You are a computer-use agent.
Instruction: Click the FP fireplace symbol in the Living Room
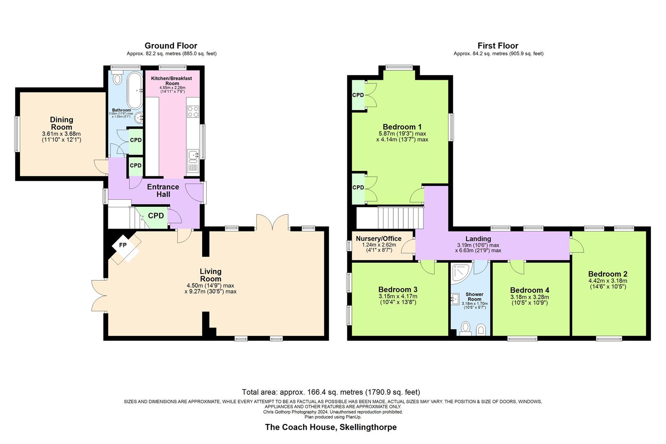click(123, 245)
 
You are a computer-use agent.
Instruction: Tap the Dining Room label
click(62, 123)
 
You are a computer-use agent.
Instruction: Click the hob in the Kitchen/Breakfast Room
click(193, 111)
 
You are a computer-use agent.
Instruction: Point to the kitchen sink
click(192, 155)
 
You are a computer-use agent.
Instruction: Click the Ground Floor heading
click(171, 46)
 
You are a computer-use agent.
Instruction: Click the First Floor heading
click(498, 46)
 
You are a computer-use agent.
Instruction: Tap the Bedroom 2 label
click(608, 274)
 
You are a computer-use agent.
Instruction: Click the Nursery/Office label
click(379, 238)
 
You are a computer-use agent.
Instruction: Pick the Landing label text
click(478, 238)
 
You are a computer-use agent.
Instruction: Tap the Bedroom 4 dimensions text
click(530, 300)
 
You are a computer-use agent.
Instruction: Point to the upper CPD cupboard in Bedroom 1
click(358, 95)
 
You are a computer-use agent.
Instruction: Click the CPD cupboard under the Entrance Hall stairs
click(155, 216)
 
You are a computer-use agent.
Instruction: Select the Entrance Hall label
click(163, 190)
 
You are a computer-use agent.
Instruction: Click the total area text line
click(331, 392)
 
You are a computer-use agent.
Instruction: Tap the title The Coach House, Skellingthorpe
click(331, 427)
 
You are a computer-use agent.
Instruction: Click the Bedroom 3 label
click(398, 290)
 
